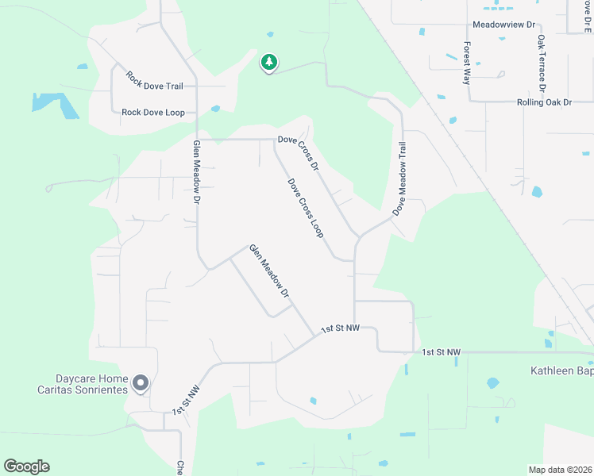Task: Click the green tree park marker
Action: pyautogui.click(x=269, y=62)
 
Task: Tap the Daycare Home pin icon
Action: pyautogui.click(x=141, y=383)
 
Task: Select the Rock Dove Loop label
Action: pyautogui.click(x=153, y=113)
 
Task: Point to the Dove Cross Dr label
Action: pyautogui.click(x=298, y=153)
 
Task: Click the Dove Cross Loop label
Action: pyautogui.click(x=306, y=208)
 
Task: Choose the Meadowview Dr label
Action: pyautogui.click(x=505, y=25)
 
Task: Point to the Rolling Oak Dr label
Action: pyautogui.click(x=544, y=102)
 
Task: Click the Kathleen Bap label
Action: pyautogui.click(x=561, y=370)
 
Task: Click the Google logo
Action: pyautogui.click(x=26, y=466)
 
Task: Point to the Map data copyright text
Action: pyautogui.click(x=561, y=469)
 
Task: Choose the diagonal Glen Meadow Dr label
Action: pyautogui.click(x=269, y=271)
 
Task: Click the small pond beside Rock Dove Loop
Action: pyautogui.click(x=215, y=109)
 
